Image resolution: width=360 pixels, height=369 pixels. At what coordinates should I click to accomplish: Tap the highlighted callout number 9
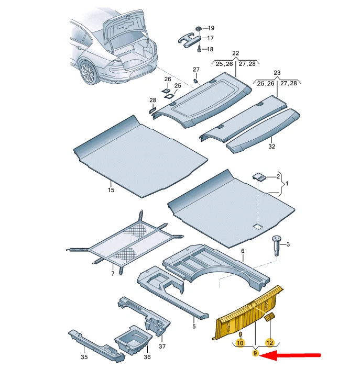click(x=256, y=354)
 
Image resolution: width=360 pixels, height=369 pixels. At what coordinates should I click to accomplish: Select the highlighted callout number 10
click(x=240, y=343)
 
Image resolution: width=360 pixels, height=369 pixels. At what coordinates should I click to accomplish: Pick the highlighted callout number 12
click(x=269, y=343)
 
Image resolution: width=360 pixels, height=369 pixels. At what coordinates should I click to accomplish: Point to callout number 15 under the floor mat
click(x=111, y=190)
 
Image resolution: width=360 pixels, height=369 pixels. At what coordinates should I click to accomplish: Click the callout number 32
click(x=271, y=147)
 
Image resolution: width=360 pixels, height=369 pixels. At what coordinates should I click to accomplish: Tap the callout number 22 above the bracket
click(x=235, y=54)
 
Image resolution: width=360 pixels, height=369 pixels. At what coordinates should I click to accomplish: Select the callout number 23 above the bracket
click(x=277, y=73)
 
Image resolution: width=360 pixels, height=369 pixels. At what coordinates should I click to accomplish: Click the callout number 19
click(x=212, y=27)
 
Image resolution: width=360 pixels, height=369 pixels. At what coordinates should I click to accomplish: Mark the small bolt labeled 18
click(x=200, y=49)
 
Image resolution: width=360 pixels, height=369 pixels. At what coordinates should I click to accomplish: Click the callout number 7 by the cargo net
click(x=112, y=273)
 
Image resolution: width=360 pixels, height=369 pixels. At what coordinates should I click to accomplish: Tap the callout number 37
click(x=162, y=346)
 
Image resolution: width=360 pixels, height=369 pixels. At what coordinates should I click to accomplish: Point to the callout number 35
click(x=84, y=357)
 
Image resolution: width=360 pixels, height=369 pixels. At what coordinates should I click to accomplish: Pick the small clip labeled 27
click(x=195, y=81)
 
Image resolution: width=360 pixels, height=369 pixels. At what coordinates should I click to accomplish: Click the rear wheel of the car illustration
click(x=89, y=73)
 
